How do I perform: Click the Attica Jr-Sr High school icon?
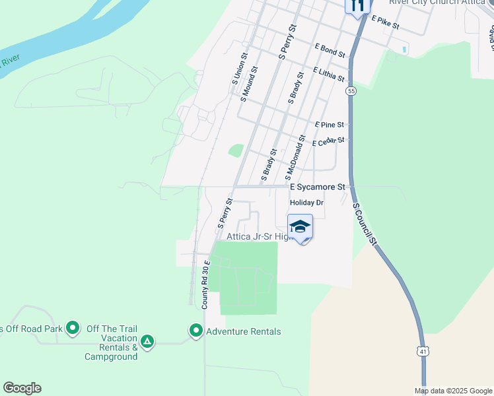(x=300, y=226)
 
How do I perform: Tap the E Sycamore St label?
(x=318, y=187)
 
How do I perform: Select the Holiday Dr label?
(x=307, y=203)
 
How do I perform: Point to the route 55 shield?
(x=351, y=91)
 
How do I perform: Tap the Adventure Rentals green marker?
(x=196, y=330)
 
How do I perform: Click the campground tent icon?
(x=148, y=341)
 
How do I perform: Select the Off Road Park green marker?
(x=73, y=327)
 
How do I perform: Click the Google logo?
(x=22, y=388)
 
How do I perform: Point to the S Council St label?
(x=365, y=224)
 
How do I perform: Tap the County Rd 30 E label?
(x=205, y=284)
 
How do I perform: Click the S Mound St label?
(x=249, y=84)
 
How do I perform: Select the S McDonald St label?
(x=295, y=158)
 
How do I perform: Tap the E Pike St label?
(x=386, y=22)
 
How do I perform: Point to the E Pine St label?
(x=330, y=124)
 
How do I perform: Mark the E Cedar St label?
(x=328, y=141)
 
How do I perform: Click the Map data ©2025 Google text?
(x=452, y=391)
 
